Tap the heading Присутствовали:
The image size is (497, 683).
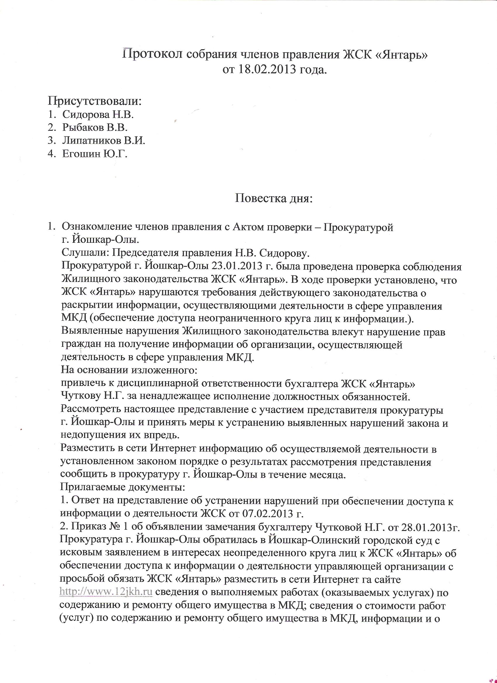pyautogui.click(x=95, y=101)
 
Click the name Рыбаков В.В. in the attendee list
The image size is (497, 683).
pyautogui.click(x=95, y=127)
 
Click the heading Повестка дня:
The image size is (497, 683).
pyautogui.click(x=274, y=198)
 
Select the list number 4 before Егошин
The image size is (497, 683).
pyautogui.click(x=50, y=154)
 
